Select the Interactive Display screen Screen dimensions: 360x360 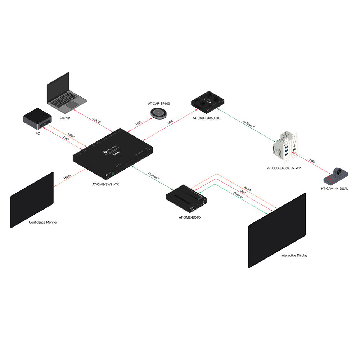pos(277,231)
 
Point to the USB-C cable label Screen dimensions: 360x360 pos(97,121)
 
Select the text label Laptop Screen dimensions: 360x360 pos(65,118)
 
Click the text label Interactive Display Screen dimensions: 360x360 pos(294,255)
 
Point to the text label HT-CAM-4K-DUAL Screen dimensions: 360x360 pos(334,188)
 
